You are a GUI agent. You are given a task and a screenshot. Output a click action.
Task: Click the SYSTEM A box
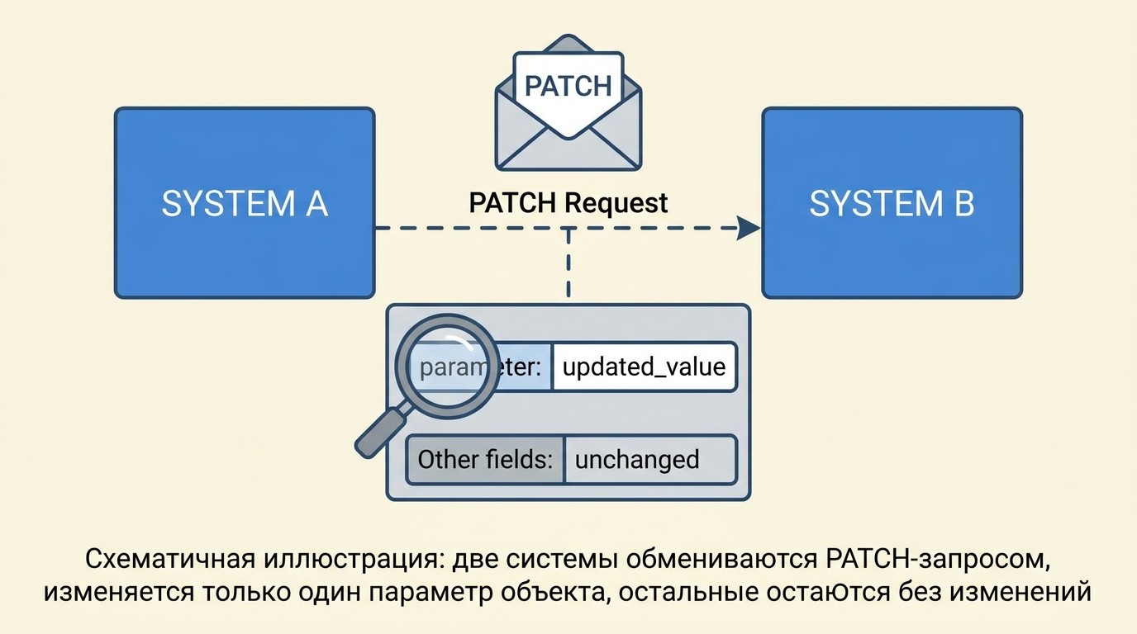point(245,203)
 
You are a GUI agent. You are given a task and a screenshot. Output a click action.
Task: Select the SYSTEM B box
point(892,203)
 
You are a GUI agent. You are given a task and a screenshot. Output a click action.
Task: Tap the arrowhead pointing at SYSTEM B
point(749,229)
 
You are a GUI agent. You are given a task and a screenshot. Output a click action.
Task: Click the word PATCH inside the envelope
point(568,86)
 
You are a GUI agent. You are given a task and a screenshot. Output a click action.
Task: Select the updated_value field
point(643,367)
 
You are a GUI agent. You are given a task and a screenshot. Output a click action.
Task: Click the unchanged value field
point(649,459)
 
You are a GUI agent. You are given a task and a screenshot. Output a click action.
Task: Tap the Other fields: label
point(485,459)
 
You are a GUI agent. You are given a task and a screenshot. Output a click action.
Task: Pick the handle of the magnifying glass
point(379,431)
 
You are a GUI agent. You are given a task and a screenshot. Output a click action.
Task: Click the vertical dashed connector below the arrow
point(568,266)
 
